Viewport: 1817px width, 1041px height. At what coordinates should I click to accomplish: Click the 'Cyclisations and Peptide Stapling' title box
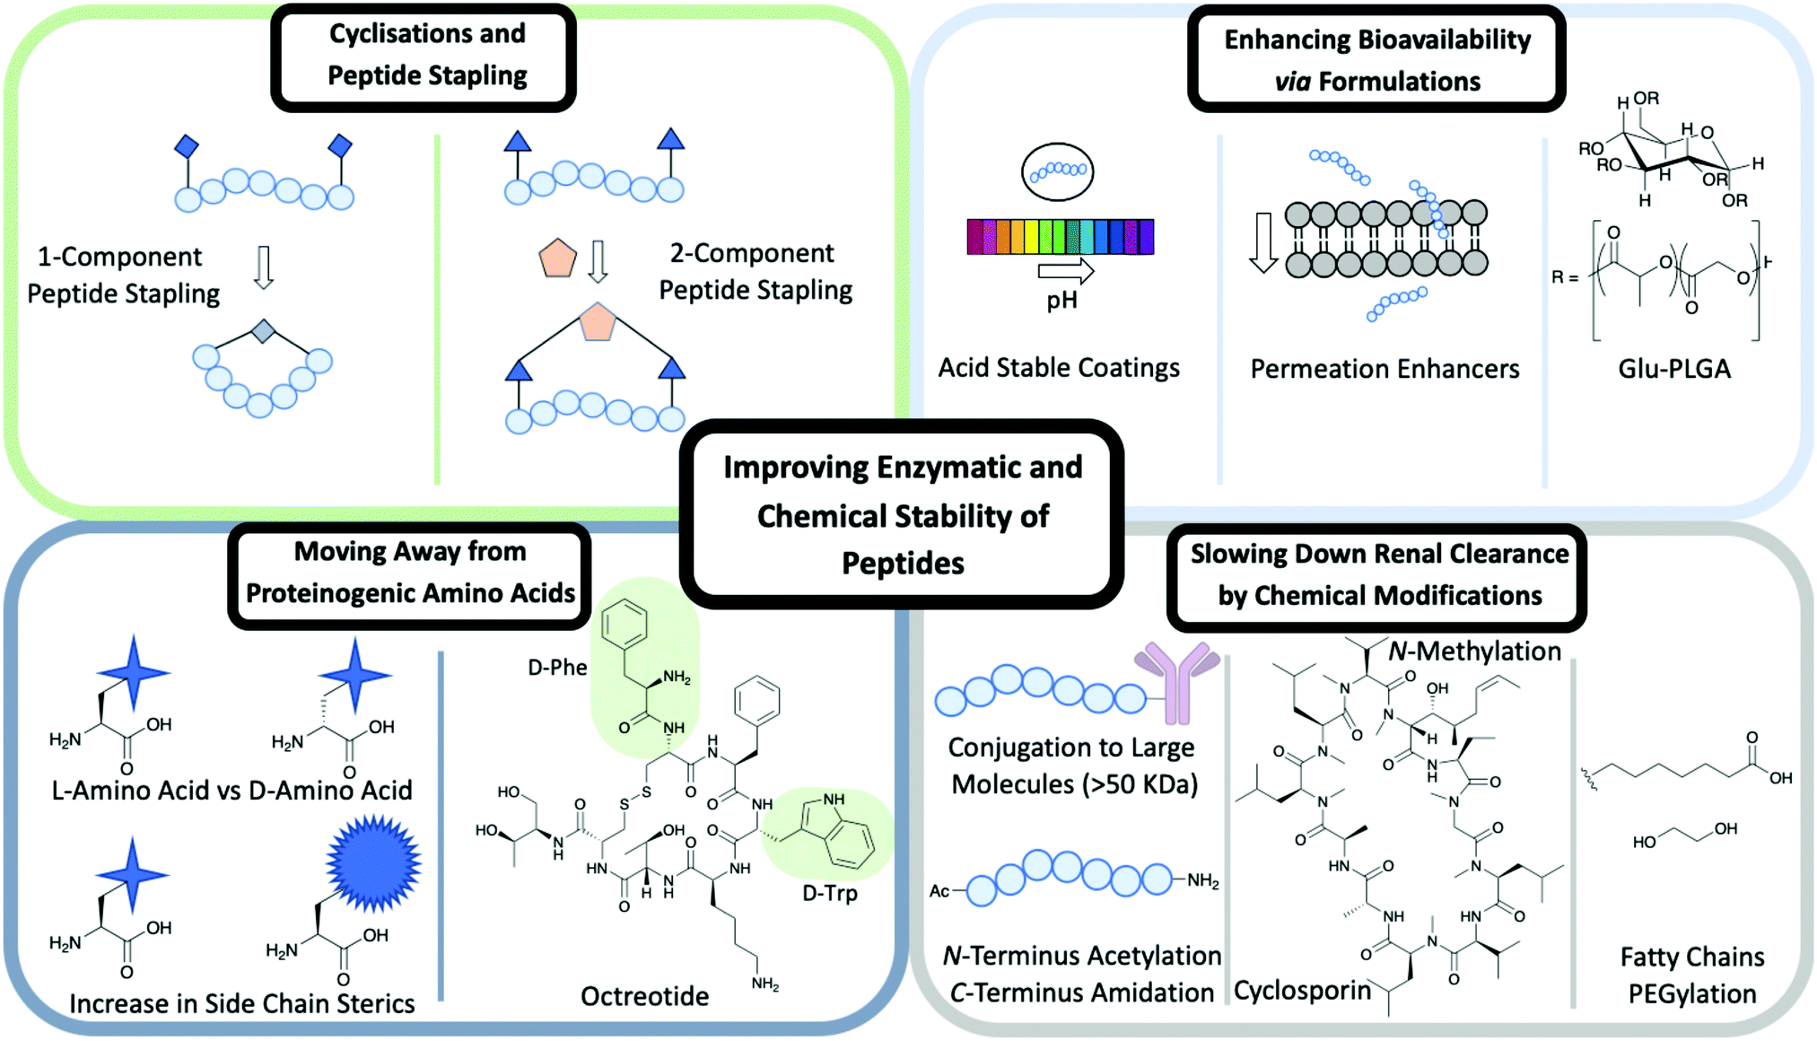424,56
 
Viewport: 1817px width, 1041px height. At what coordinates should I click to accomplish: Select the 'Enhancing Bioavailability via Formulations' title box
1376,60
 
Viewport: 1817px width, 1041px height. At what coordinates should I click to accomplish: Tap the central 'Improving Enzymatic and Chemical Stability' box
902,514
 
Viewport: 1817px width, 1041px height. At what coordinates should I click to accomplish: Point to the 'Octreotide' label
644,996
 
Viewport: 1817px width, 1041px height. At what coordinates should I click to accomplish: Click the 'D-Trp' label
829,894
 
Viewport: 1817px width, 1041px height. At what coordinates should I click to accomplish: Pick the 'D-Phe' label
557,668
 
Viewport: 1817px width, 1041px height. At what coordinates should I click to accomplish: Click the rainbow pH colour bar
1060,237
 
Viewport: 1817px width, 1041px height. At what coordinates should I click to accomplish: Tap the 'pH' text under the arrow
1061,301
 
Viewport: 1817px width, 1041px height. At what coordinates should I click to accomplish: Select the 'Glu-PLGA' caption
1673,369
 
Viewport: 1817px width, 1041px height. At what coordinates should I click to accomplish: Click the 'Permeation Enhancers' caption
1385,369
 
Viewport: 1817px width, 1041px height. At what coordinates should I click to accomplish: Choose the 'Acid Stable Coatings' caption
1059,368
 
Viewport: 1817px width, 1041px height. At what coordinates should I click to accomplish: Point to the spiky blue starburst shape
373,863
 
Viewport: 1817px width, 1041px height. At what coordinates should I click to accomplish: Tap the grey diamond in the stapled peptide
263,331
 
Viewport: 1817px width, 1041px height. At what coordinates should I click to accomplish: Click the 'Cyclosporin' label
1302,991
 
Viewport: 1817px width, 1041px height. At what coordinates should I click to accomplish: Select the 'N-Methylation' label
1474,652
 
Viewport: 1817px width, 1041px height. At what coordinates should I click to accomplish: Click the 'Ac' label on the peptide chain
939,891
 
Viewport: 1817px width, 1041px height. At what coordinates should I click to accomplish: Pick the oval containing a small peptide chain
1057,171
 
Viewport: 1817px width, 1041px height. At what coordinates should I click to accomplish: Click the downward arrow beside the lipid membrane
1263,243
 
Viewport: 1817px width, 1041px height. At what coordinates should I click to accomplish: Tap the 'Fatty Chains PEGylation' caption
1691,975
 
